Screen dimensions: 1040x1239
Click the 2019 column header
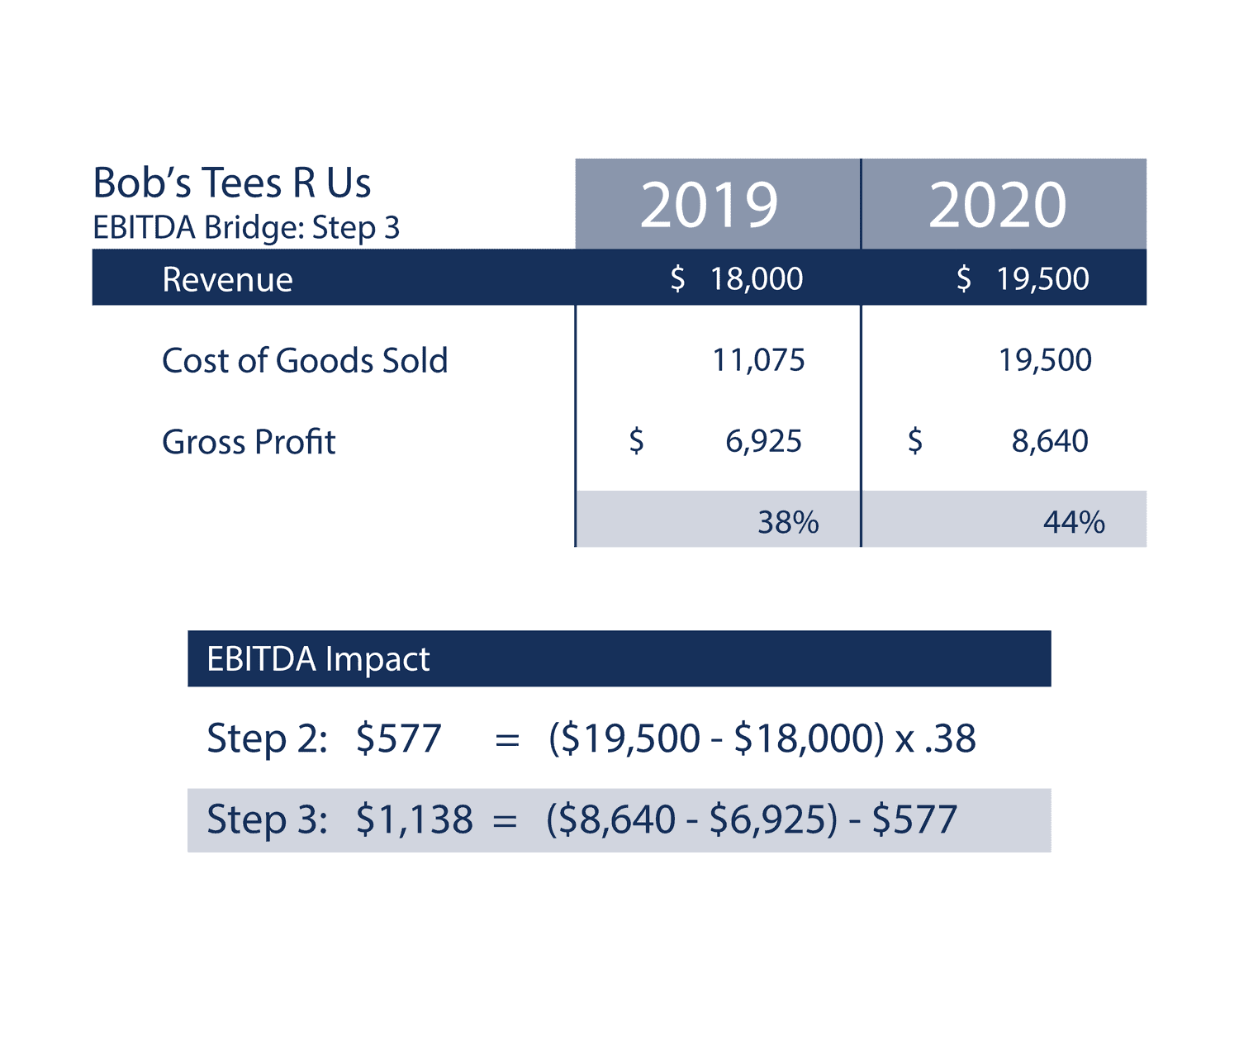709,205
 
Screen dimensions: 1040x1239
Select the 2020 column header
997,205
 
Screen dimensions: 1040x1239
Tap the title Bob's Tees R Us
231,183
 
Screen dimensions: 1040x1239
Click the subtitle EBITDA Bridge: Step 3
246,227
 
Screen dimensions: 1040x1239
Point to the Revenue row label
227,279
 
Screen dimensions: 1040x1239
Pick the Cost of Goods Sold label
305,360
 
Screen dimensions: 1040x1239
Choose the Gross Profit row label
249,442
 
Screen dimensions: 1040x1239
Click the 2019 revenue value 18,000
756,279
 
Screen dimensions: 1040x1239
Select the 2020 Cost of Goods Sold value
1045,360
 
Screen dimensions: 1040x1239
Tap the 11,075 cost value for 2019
758,360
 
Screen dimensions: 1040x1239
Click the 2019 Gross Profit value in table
763,441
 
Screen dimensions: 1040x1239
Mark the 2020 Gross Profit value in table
1050,441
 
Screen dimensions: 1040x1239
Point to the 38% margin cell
788,522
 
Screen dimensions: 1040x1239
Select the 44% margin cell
1074,522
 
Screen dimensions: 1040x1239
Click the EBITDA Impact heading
318,659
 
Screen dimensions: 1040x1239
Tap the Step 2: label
267,738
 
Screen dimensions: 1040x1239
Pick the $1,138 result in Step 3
414,819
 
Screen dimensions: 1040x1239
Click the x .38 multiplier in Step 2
936,738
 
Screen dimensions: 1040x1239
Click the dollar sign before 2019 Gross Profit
636,441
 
